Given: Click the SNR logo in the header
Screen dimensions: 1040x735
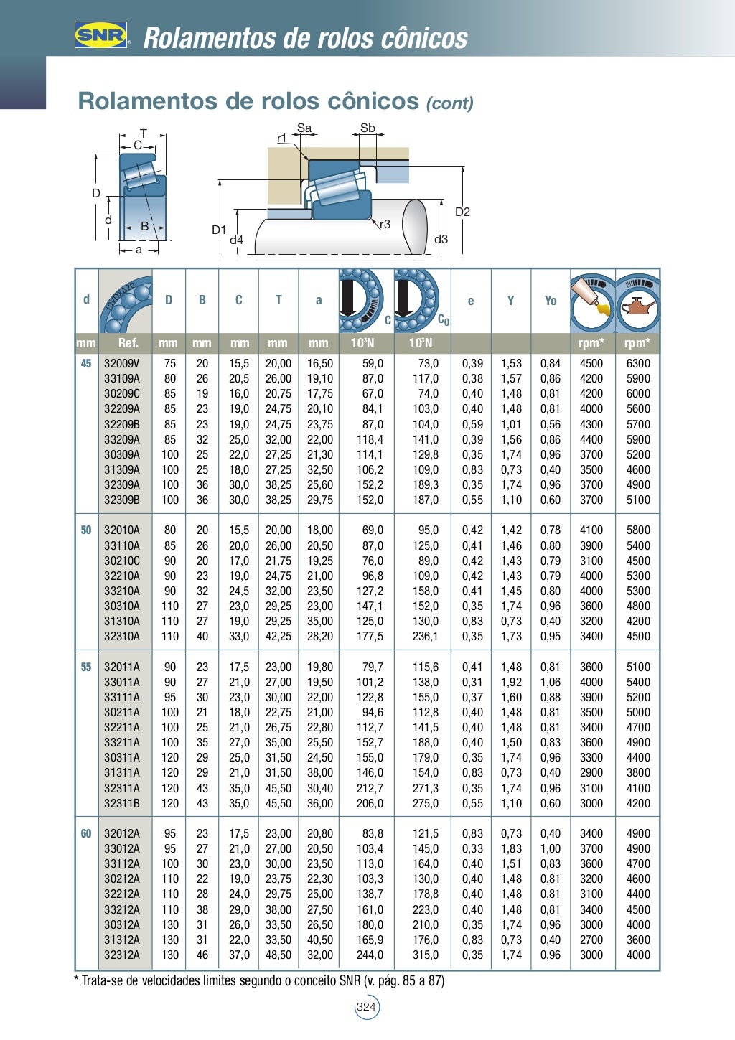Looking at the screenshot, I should [x=101, y=35].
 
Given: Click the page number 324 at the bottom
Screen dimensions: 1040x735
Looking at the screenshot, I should [x=366, y=1007].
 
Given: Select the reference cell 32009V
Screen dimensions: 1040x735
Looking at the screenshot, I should [x=122, y=364].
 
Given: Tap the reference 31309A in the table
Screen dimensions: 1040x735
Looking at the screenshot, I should [x=122, y=470].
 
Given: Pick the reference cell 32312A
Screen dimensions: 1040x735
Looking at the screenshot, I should [x=122, y=955].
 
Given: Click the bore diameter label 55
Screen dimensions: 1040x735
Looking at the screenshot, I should [x=86, y=667].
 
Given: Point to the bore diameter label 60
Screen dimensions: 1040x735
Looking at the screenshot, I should [x=86, y=834].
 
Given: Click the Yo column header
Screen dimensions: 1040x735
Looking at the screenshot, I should [x=551, y=301].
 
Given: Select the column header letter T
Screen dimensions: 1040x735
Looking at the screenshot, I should [x=278, y=301].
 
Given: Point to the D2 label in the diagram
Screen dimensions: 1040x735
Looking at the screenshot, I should [x=463, y=212].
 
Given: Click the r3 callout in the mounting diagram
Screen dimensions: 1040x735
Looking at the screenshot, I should [x=385, y=225].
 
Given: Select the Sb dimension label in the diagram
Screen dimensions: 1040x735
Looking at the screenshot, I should [x=367, y=128].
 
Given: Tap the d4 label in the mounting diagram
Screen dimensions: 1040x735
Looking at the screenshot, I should [x=236, y=240].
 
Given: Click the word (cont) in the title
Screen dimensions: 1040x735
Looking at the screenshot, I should [x=450, y=103].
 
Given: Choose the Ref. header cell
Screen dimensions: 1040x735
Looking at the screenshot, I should [x=128, y=343].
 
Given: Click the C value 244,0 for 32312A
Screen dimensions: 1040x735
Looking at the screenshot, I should [x=370, y=955].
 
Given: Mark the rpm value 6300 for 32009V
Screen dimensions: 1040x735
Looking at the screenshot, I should [x=637, y=364].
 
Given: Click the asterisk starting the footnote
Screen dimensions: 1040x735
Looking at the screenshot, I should [x=77, y=979].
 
